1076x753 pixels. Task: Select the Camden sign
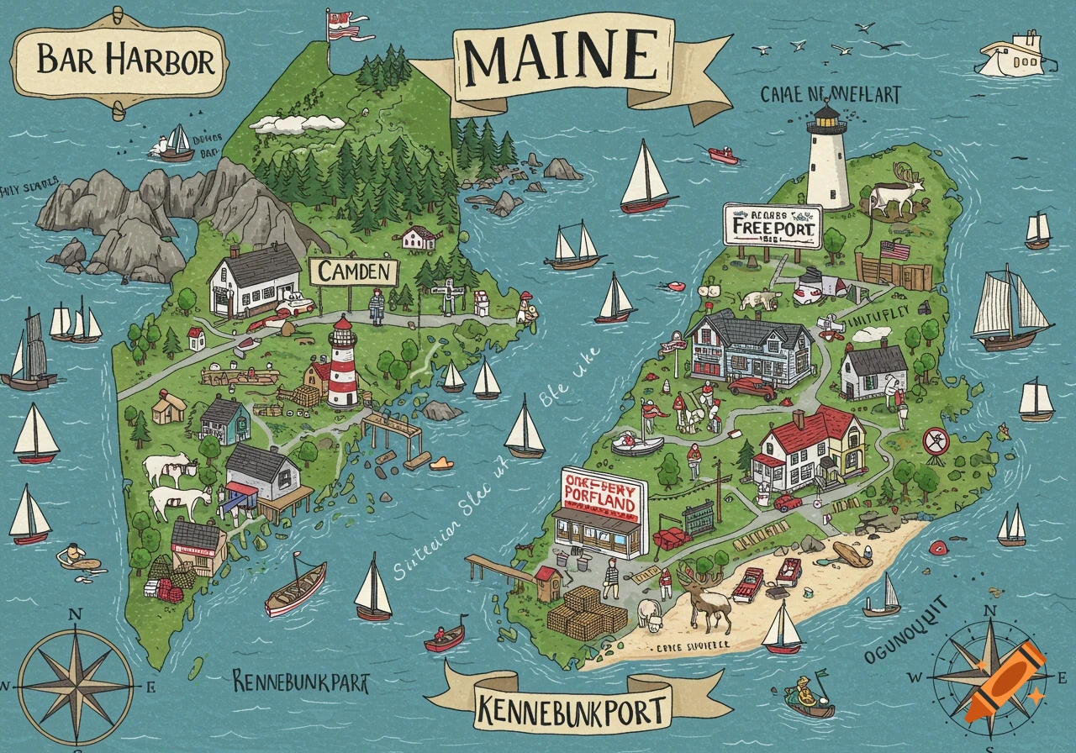pyautogui.click(x=353, y=271)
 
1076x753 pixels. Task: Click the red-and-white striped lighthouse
pyautogui.click(x=342, y=363)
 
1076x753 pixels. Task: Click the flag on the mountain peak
pyautogui.click(x=343, y=24)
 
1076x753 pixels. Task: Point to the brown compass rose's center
pyautogui.click(x=75, y=680)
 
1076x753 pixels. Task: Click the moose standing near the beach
pyautogui.click(x=702, y=598)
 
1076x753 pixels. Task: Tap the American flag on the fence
pyautogui.click(x=895, y=250)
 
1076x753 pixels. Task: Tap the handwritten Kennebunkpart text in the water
pyautogui.click(x=300, y=681)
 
